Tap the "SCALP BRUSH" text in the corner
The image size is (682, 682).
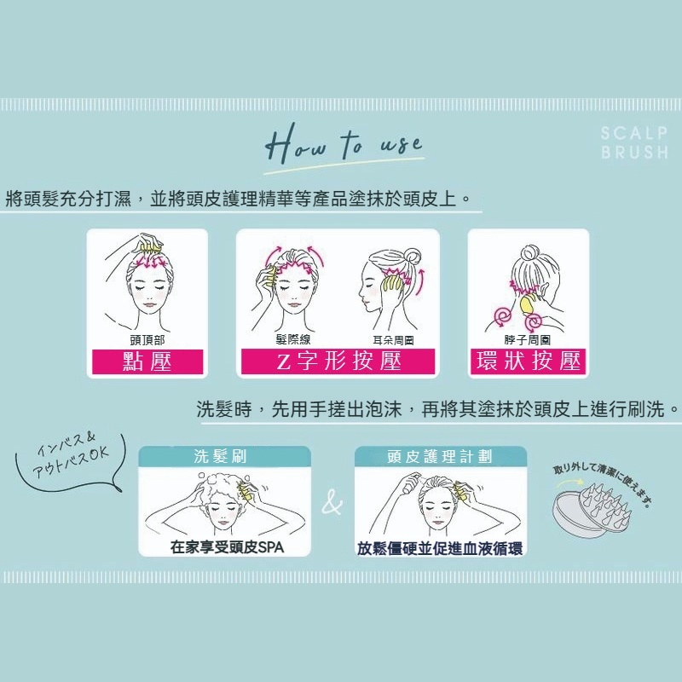tap(634, 142)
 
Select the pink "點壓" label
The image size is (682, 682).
tap(147, 361)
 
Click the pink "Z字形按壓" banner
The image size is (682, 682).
tap(338, 361)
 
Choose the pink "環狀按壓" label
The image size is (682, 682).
tap(529, 361)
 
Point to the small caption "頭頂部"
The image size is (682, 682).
tap(147, 340)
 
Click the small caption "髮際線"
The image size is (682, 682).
tap(293, 339)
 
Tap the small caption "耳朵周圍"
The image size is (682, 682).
tap(393, 340)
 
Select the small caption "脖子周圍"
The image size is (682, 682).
tap(528, 339)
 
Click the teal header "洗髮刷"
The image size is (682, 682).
tap(221, 456)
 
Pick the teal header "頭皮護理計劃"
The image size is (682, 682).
tap(440, 457)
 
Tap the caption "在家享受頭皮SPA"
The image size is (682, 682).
tap(227, 546)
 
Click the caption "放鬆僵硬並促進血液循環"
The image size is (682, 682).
tap(440, 548)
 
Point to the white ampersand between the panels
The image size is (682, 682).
tap(332, 503)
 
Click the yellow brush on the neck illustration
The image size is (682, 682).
tap(528, 303)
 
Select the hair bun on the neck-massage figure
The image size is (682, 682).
tap(529, 253)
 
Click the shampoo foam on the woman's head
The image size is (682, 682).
tap(222, 486)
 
